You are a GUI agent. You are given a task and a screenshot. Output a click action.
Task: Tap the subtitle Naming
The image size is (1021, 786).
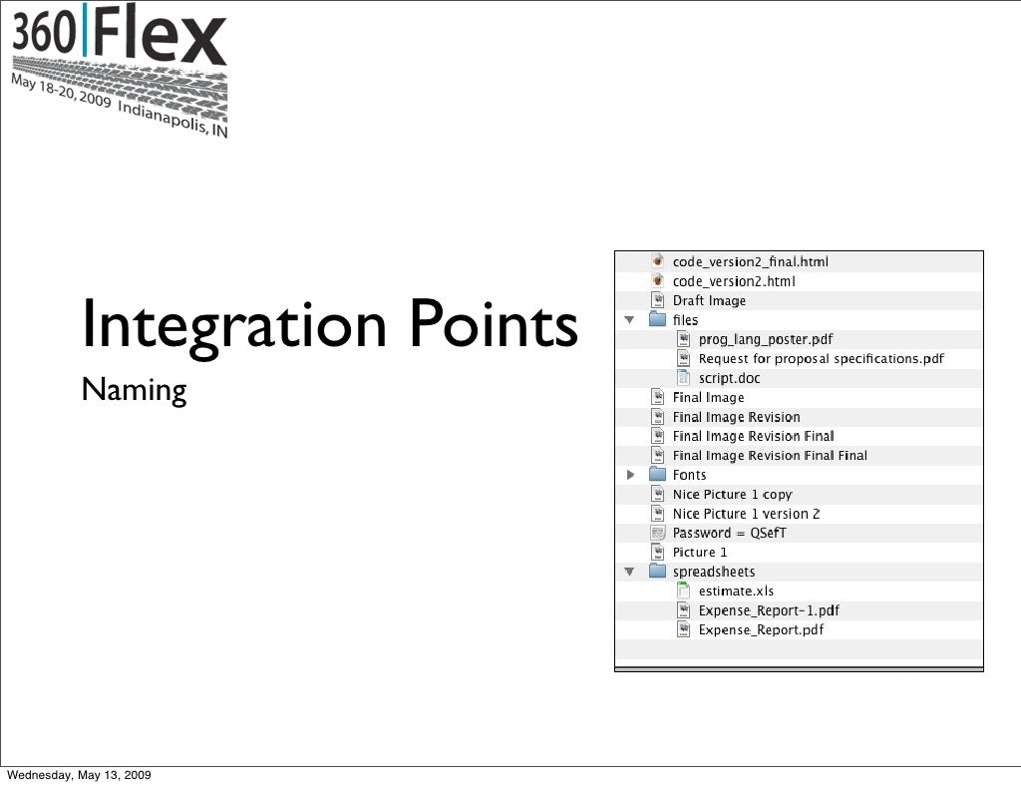tap(134, 390)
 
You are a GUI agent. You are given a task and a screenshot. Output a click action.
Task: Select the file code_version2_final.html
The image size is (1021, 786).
tap(750, 262)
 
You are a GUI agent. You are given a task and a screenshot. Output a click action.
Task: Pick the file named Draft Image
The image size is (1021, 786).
tap(709, 301)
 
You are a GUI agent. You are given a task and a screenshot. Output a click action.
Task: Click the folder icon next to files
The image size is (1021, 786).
tap(658, 320)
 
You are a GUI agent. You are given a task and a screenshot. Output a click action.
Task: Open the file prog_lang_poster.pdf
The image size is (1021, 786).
tap(765, 340)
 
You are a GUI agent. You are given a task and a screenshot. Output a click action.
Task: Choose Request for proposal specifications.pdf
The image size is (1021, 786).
tap(821, 359)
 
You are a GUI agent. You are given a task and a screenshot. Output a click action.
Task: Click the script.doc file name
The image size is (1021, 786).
tap(729, 379)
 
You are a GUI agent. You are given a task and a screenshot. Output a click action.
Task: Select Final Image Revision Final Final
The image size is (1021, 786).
tap(770, 456)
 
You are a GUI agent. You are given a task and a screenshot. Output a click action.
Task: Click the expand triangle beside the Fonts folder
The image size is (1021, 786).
tap(630, 476)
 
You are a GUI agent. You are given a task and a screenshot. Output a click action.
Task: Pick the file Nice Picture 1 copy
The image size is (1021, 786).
tap(732, 495)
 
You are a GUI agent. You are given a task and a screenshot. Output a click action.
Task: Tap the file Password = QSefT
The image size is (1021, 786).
tap(729, 534)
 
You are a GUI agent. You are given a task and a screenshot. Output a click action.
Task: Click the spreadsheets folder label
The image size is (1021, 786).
tap(714, 573)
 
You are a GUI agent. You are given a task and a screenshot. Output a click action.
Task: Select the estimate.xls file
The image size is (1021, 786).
tap(736, 591)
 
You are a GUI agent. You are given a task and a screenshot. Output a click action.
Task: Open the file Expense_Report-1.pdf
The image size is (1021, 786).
tap(768, 611)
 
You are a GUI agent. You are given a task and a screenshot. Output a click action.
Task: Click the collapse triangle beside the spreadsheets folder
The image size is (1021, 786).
tap(630, 573)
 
